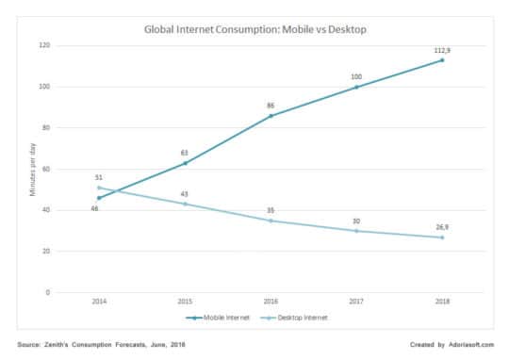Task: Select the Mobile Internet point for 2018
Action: coord(442,60)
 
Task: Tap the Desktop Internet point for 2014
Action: coord(98,188)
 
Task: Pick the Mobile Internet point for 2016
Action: coord(270,116)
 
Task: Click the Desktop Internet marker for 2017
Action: coord(356,231)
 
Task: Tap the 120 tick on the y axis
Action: coord(44,45)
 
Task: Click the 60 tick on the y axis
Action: coord(46,169)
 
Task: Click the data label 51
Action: coord(98,177)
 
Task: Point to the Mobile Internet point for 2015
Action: coord(184,163)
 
